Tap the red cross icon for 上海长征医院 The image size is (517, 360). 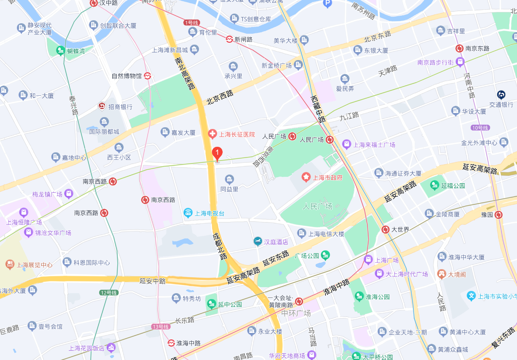(213, 134)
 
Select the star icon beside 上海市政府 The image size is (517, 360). (306, 177)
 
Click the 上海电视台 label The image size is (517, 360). (210, 213)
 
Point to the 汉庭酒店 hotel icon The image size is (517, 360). (258, 241)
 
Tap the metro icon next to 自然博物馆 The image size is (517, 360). (148, 76)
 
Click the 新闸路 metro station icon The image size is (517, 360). (229, 39)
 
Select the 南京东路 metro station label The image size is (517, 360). (477, 48)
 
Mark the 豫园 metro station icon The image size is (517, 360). (499, 215)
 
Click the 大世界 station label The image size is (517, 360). (400, 229)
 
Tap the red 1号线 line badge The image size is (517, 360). (191, 23)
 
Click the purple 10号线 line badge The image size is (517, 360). (480, 128)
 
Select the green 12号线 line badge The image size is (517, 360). (109, 292)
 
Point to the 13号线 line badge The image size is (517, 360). (161, 327)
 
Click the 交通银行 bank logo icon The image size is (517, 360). (501, 95)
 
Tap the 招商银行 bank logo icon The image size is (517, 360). (102, 106)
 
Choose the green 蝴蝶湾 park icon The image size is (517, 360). (60, 51)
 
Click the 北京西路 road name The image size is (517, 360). (220, 98)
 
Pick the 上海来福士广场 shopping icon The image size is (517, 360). (347, 144)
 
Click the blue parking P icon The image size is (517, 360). (327, 3)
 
